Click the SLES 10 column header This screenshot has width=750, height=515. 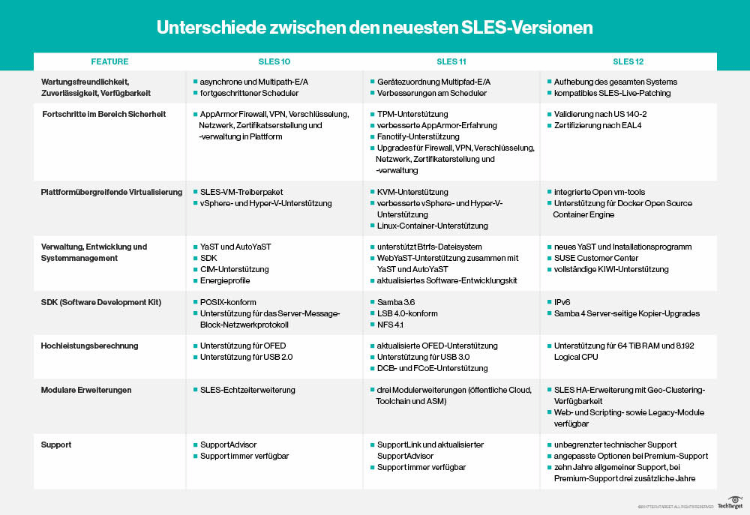coord(274,61)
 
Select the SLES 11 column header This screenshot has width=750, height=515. coord(451,61)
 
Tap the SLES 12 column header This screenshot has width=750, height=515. coord(628,61)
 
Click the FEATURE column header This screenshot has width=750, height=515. coord(109,61)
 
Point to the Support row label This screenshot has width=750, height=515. coord(55,445)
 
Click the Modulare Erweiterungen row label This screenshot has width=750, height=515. coord(86,390)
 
